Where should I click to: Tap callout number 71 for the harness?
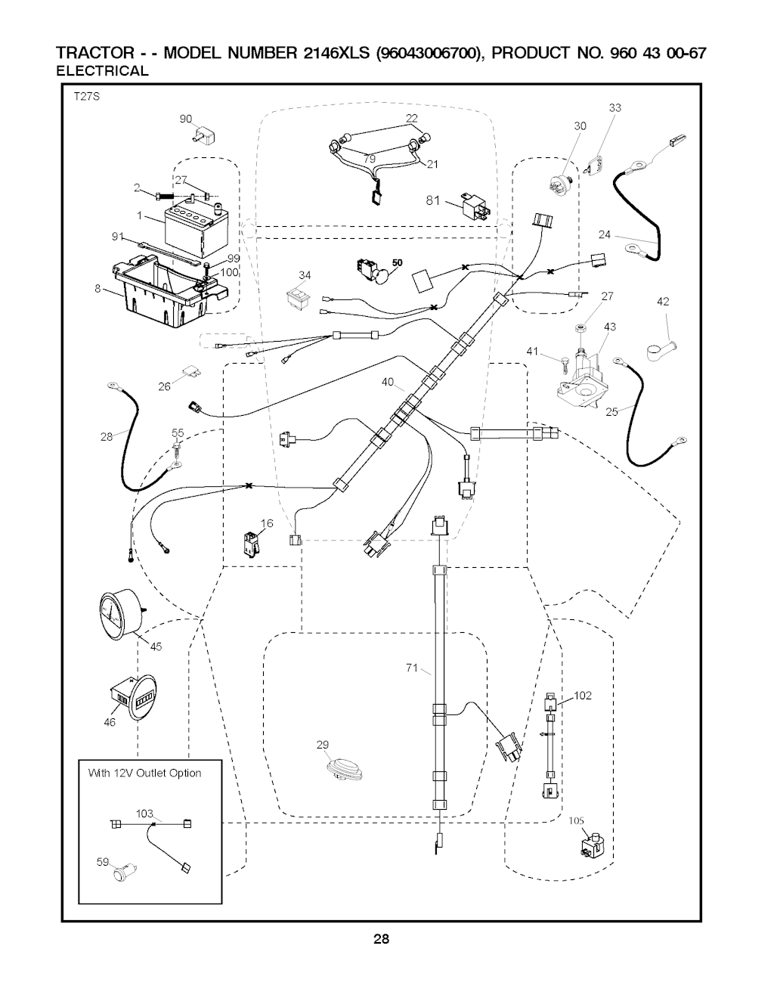(x=412, y=668)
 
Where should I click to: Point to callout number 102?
(x=582, y=696)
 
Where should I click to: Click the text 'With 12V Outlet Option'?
(x=145, y=773)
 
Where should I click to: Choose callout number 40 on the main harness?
(x=388, y=383)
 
